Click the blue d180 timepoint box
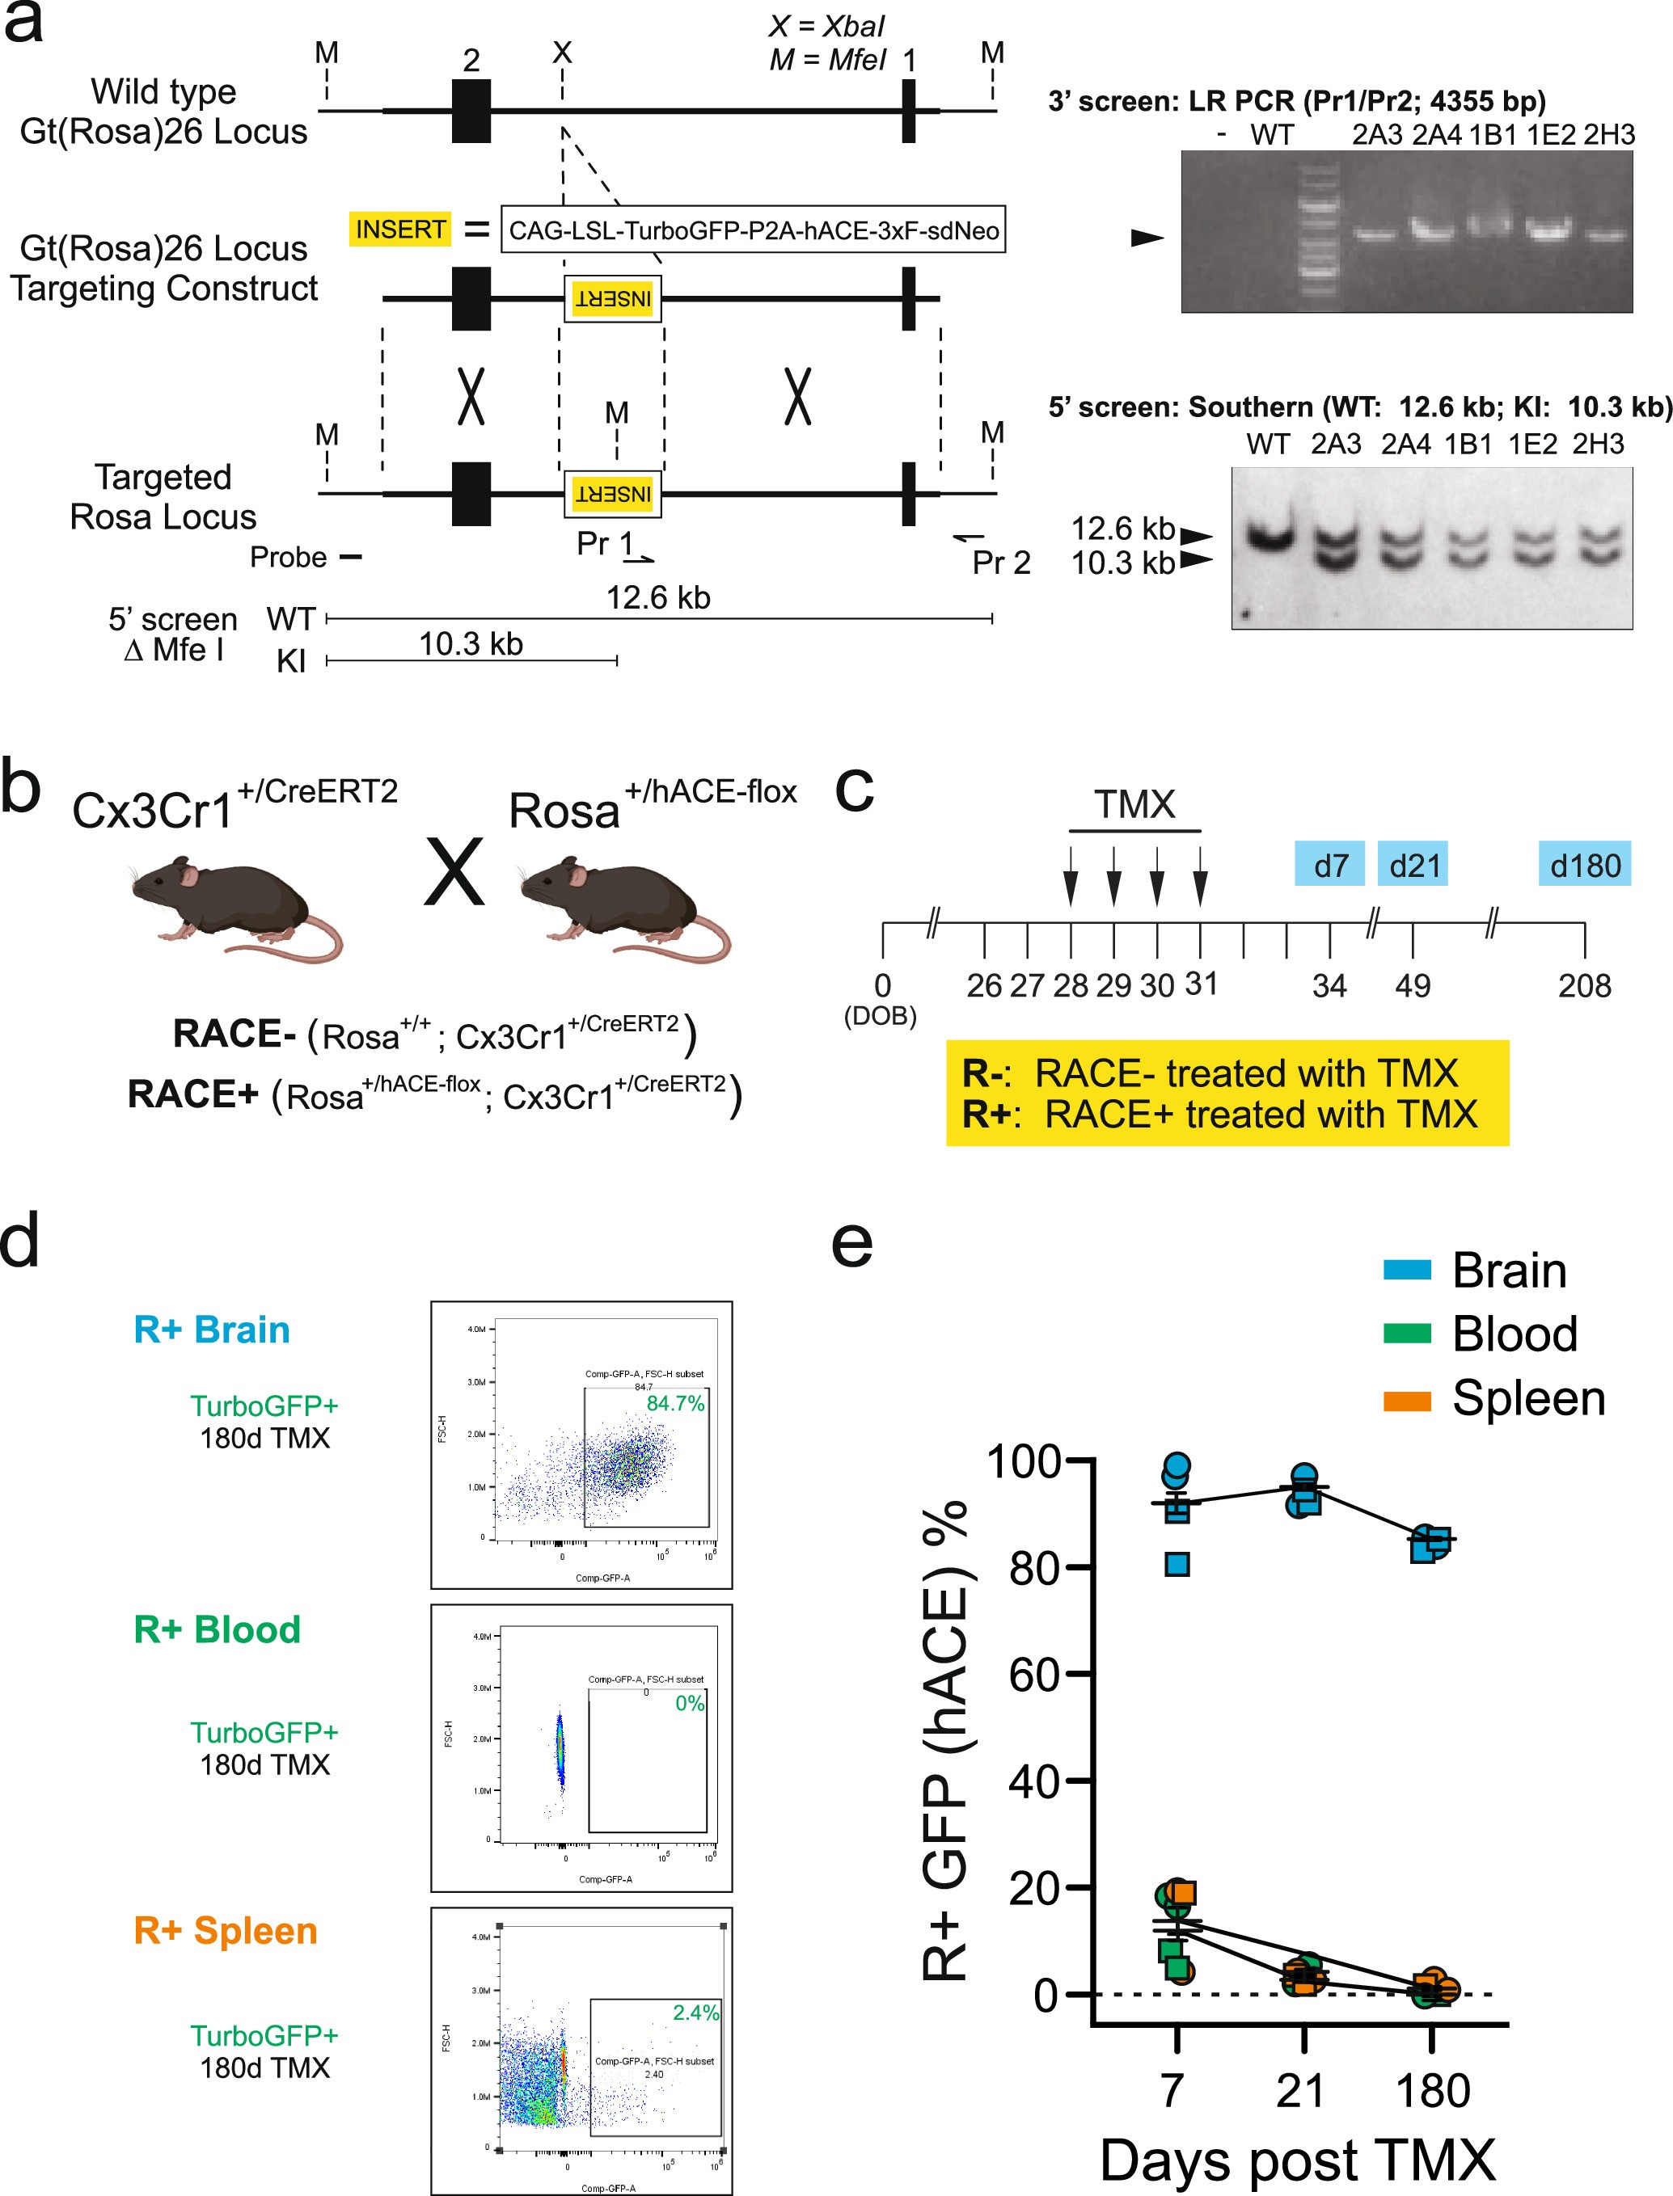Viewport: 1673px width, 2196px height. tap(1584, 865)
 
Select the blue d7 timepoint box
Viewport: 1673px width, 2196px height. tap(1329, 865)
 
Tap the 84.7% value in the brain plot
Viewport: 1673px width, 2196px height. tap(675, 1404)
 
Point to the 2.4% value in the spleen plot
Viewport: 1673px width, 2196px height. tap(695, 2012)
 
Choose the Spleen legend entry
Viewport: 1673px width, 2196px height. tap(1527, 1398)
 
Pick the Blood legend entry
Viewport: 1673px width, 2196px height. tap(1514, 1334)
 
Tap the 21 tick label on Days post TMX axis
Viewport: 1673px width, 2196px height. tap(1300, 2090)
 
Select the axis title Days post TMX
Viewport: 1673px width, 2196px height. tap(1298, 2160)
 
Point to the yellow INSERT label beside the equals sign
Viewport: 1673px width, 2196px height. tap(400, 230)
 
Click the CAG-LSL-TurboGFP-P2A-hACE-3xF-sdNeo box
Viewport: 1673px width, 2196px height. tap(753, 230)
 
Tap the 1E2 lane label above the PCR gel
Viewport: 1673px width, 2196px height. tap(1551, 134)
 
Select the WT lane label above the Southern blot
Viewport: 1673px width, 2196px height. tap(1268, 444)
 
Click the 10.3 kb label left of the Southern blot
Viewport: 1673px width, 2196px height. tap(1122, 563)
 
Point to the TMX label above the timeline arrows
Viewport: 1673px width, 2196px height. tap(1134, 804)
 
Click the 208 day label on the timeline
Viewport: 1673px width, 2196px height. tap(1583, 985)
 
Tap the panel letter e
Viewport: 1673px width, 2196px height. tap(852, 1245)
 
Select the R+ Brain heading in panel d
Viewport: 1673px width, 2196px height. tap(212, 1329)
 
